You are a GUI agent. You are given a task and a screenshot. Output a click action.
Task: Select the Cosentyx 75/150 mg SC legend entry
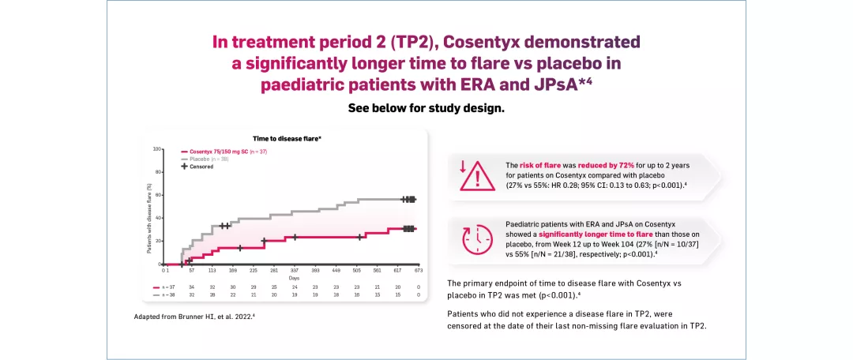[x=224, y=151]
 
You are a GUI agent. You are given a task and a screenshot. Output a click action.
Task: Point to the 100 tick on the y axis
[x=157, y=148]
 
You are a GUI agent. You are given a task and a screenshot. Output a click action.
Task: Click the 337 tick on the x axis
[x=295, y=269]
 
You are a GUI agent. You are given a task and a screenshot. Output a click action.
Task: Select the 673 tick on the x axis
[x=419, y=269]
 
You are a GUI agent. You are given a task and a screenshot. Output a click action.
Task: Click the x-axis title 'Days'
[x=294, y=278]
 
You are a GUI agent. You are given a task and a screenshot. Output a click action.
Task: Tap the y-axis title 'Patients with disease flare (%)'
[x=150, y=218]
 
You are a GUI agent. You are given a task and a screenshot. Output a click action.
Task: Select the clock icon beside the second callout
[x=475, y=239]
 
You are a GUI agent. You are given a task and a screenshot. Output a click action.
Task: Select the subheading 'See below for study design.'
[x=426, y=108]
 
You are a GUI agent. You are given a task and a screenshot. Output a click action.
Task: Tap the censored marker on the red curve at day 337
[x=295, y=237]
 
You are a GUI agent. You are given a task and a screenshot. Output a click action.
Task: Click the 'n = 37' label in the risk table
[x=169, y=287]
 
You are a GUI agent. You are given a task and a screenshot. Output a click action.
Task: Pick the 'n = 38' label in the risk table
[x=169, y=294]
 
